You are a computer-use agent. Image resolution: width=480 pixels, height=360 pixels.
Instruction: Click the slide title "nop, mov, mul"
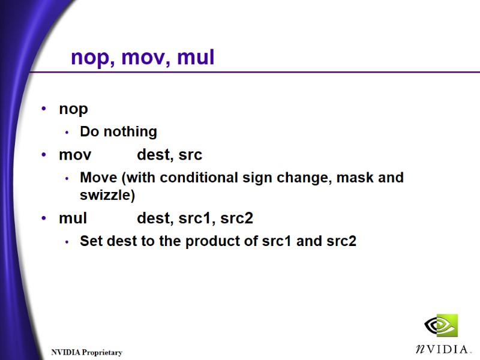pos(142,58)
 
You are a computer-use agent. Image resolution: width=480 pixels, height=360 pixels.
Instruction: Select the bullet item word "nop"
pos(73,109)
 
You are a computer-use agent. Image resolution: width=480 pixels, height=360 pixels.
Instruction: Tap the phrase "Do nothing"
pos(118,131)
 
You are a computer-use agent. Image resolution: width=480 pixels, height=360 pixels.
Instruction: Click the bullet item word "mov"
pos(75,155)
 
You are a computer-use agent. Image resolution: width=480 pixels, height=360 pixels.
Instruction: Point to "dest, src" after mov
pos(169,155)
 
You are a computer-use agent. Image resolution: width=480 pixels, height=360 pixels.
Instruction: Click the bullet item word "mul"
pos(73,218)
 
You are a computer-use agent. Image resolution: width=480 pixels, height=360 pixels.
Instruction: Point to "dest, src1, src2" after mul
pos(195,218)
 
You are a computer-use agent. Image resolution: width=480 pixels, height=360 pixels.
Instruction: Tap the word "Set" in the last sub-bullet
pos(91,241)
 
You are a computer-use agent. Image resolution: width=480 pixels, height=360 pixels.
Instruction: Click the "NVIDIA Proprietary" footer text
pos(86,352)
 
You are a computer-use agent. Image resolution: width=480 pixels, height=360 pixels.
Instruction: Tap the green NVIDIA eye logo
pos(441,326)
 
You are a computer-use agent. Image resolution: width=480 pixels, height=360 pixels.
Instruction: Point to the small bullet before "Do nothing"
pos(67,132)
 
